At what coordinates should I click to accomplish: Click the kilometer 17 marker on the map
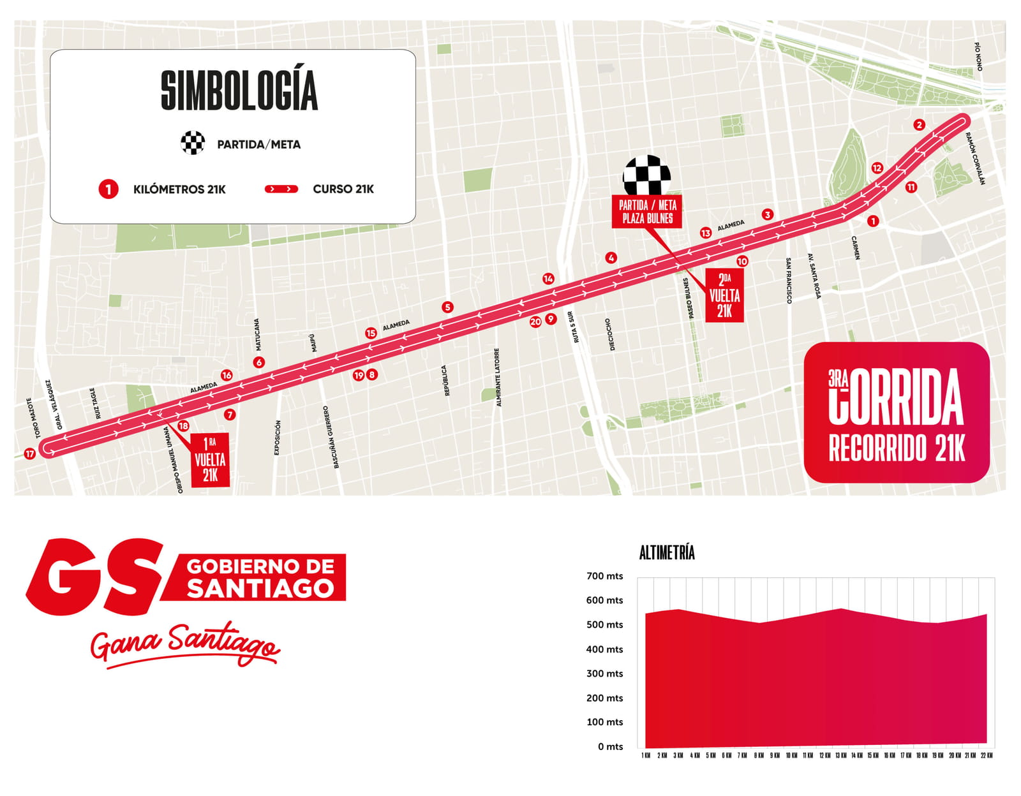tap(29, 453)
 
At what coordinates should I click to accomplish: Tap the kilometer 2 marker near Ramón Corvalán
tap(919, 124)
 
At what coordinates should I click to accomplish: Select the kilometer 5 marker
tap(447, 307)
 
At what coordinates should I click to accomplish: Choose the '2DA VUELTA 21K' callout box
tap(724, 295)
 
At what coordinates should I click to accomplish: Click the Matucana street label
tap(258, 334)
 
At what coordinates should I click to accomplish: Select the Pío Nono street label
tap(978, 56)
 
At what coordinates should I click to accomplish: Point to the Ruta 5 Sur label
tap(574, 327)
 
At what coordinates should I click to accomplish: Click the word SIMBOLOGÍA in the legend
tap(239, 90)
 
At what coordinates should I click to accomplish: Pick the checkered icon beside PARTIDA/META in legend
tap(193, 143)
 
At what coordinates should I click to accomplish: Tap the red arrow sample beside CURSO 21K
tap(281, 189)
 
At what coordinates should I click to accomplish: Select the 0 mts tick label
tap(610, 746)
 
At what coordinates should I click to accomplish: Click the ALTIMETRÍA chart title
tap(667, 552)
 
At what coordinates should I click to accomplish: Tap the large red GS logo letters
tap(93, 577)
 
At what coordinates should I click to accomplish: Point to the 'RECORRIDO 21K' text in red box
tap(897, 448)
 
